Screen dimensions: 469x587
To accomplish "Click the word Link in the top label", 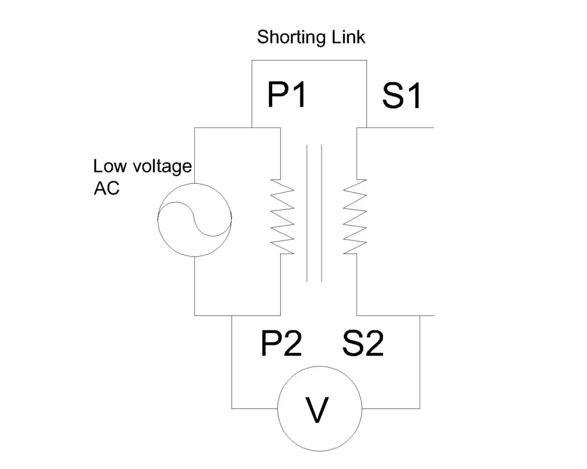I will (347, 38).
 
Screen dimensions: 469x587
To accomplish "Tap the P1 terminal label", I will (287, 95).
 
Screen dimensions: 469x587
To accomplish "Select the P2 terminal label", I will (281, 344).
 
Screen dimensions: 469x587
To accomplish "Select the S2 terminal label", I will (363, 344).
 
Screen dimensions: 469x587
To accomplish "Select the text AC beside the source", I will (107, 188).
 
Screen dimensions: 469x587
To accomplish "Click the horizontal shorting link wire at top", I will (310, 60).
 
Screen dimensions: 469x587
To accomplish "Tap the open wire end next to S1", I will (433, 127).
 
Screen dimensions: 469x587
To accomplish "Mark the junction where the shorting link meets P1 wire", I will (252, 127).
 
